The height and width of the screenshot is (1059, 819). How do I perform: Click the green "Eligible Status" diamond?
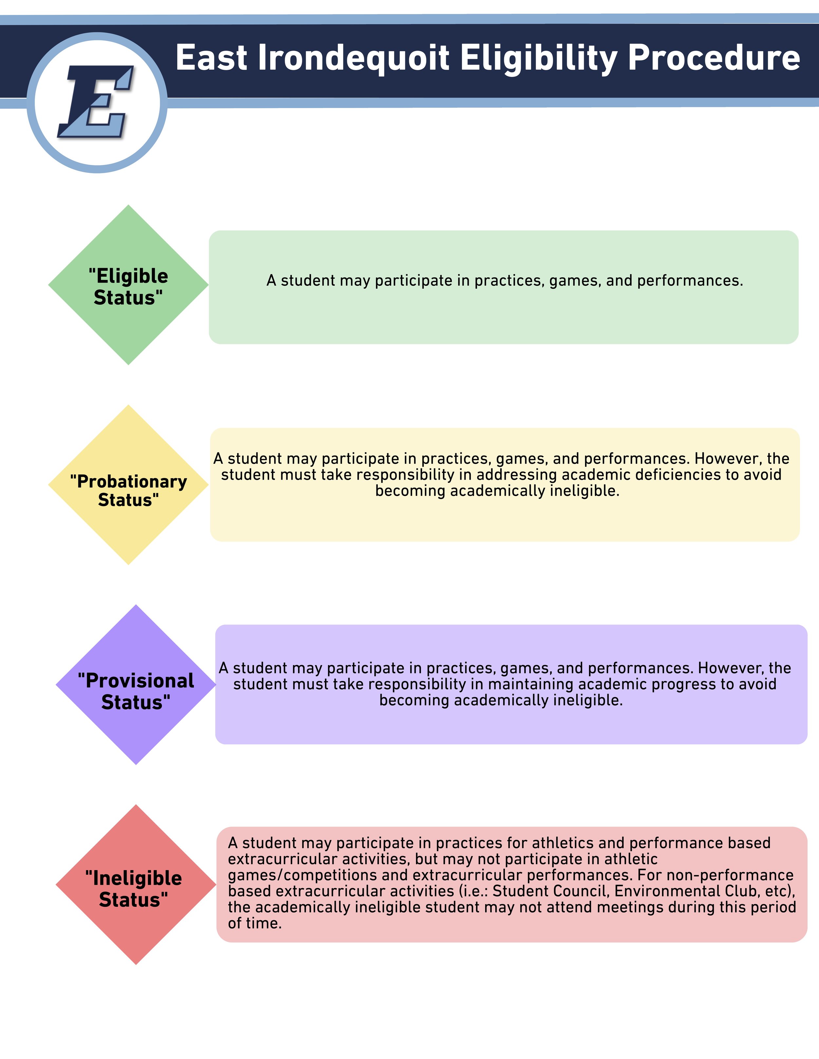point(128,330)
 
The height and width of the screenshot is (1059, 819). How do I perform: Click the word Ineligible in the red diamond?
point(137,879)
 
